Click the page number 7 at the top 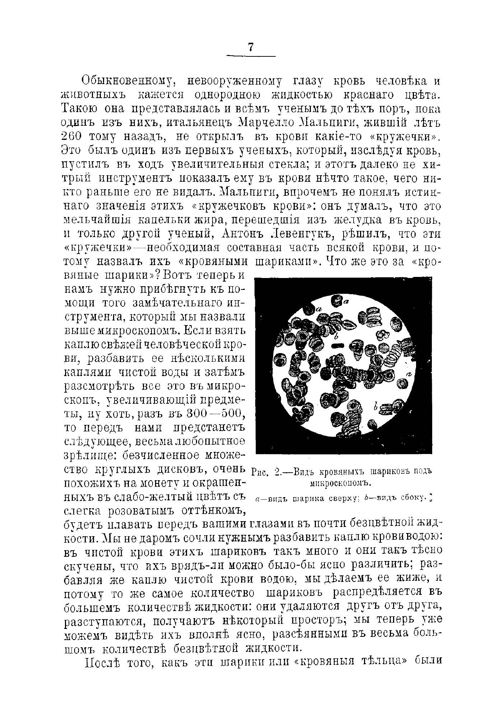(251, 47)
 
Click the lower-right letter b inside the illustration (375, 406)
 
